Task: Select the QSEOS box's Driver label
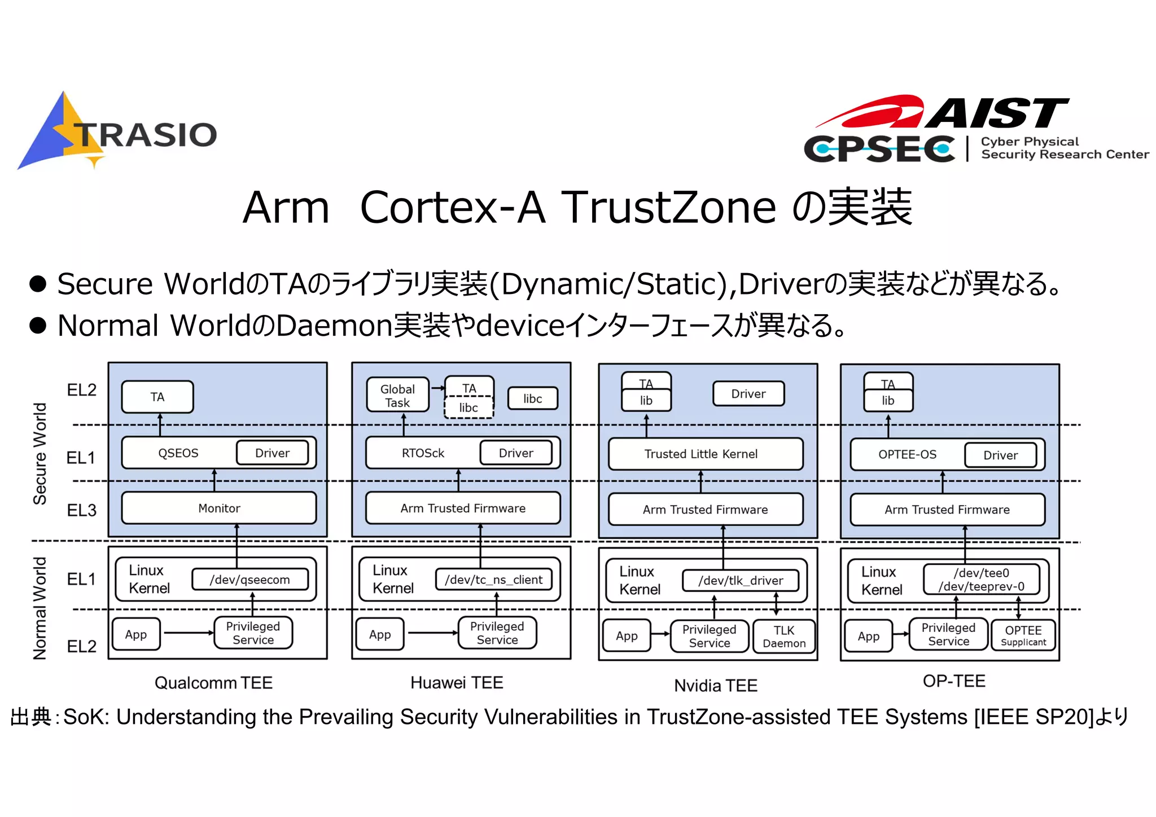coord(272,453)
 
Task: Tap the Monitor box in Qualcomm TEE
coord(219,508)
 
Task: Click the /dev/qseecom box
coord(249,579)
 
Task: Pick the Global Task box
coord(397,396)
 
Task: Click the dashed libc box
coord(468,407)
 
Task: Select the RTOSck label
coord(423,453)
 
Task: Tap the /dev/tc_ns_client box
coord(493,579)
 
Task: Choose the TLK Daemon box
coord(784,636)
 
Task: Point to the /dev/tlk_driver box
coord(741,581)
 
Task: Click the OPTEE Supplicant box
coord(1023,635)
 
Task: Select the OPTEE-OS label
coord(907,455)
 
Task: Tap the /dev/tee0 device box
coord(981,579)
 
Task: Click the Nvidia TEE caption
coord(716,686)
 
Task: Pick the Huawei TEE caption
coord(457,683)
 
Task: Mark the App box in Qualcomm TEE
coord(136,634)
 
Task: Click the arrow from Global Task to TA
coord(437,388)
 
